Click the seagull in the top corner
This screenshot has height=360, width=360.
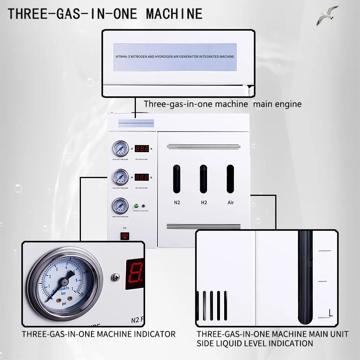click(x=327, y=15)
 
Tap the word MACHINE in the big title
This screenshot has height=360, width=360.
click(x=174, y=14)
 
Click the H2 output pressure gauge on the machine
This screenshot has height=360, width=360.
click(x=120, y=177)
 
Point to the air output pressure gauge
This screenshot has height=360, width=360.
click(x=120, y=206)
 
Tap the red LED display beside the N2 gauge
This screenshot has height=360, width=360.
click(x=142, y=149)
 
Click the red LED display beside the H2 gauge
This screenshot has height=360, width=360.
click(x=142, y=177)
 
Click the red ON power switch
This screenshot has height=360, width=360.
click(x=125, y=235)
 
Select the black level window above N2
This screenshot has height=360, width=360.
click(x=177, y=179)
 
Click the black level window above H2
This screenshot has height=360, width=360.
click(x=204, y=179)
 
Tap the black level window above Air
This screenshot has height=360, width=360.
click(x=230, y=179)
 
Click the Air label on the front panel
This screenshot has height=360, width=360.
click(x=231, y=202)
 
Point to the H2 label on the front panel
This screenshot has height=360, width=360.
click(x=204, y=202)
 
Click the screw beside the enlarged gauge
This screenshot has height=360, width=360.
click(x=115, y=277)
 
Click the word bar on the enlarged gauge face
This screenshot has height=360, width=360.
click(x=63, y=294)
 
